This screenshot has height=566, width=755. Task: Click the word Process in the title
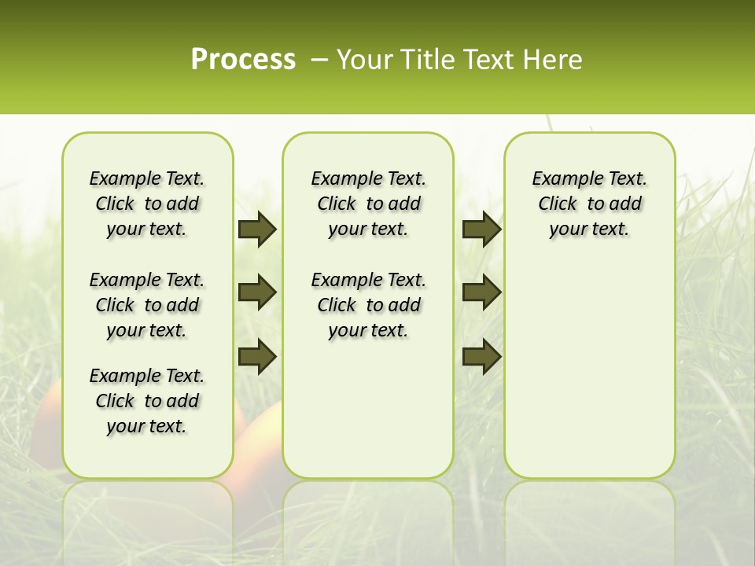pyautogui.click(x=243, y=60)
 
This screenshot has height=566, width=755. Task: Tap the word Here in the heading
pyautogui.click(x=553, y=60)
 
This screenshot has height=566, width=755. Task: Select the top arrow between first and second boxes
pyautogui.click(x=257, y=230)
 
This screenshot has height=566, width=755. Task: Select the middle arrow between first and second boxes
pyautogui.click(x=257, y=292)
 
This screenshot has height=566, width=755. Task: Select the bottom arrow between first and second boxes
pyautogui.click(x=257, y=356)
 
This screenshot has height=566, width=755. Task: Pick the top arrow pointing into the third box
pyautogui.click(x=481, y=230)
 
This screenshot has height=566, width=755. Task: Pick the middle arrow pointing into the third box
pyautogui.click(x=481, y=292)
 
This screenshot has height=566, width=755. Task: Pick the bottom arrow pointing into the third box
pyautogui.click(x=481, y=356)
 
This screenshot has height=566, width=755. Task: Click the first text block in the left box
pyautogui.click(x=147, y=204)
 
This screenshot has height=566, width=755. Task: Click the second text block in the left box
pyautogui.click(x=147, y=305)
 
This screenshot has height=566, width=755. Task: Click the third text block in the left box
pyautogui.click(x=147, y=401)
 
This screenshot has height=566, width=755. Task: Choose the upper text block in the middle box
pyautogui.click(x=368, y=204)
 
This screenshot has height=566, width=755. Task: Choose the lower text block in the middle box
pyautogui.click(x=368, y=305)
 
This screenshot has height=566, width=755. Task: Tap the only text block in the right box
pyautogui.click(x=589, y=204)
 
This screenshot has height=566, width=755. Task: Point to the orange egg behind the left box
pyautogui.click(x=47, y=424)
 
